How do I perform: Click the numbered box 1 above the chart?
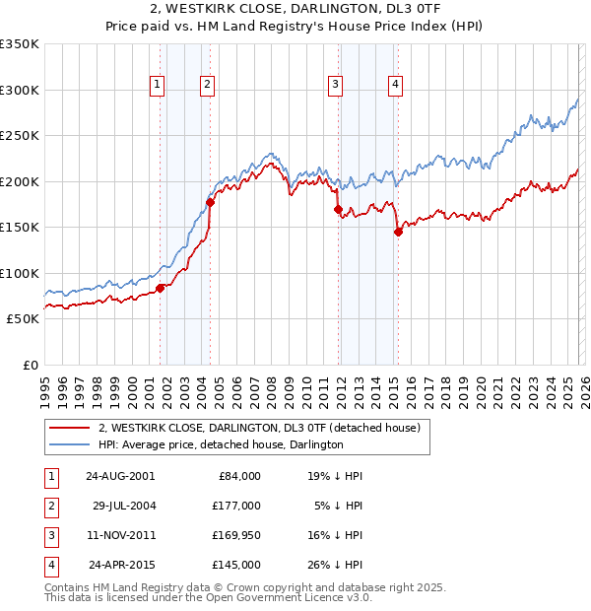157,86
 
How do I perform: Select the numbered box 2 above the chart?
208,86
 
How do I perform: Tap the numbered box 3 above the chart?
335,86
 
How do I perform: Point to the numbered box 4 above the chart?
395,86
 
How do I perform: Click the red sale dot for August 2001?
160,288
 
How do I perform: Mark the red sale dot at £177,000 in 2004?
210,203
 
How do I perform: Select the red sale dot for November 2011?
337,209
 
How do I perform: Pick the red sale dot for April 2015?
398,232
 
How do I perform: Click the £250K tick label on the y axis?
20,136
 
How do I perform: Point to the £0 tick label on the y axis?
30,365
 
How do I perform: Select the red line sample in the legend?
70,428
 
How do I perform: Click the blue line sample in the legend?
70,444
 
